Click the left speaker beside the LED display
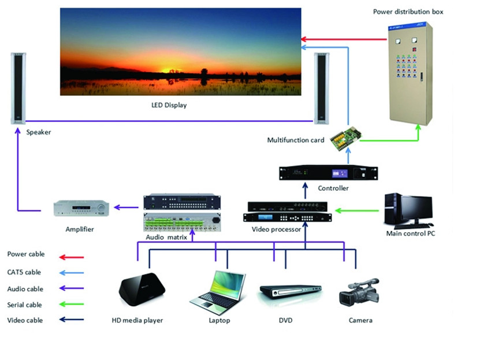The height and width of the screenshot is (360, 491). (x=18, y=88)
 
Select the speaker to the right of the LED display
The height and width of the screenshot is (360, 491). (x=321, y=88)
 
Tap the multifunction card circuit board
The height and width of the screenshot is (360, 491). (x=346, y=138)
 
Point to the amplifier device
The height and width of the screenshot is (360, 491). (x=81, y=208)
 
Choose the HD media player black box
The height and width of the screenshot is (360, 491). (x=142, y=289)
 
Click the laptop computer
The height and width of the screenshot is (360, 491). (x=218, y=293)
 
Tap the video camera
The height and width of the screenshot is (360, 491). (x=359, y=292)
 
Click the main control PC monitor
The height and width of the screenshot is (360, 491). (x=417, y=209)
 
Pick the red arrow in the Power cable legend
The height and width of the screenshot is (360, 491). (x=72, y=257)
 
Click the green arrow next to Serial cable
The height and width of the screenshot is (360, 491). (x=72, y=304)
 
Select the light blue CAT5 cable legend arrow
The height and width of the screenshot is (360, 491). (x=72, y=273)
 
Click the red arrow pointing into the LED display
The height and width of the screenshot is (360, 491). (x=344, y=39)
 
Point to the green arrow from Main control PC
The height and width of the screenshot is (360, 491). (x=356, y=210)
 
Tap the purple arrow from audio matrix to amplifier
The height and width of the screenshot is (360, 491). (x=126, y=207)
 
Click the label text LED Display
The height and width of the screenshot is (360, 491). (x=169, y=105)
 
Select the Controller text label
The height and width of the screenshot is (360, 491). (x=333, y=188)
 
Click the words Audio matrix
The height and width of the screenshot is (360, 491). (x=166, y=237)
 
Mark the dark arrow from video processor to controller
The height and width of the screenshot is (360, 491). (x=306, y=191)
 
